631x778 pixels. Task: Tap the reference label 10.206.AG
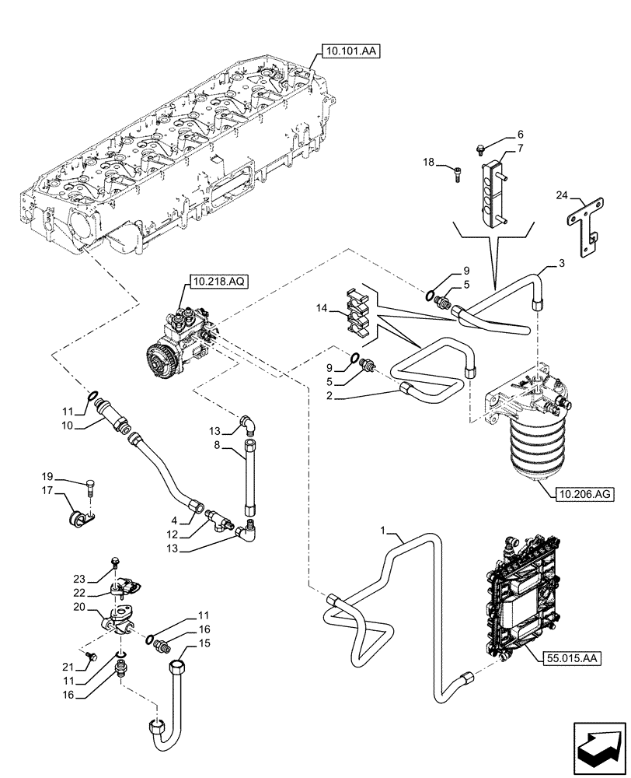(x=584, y=492)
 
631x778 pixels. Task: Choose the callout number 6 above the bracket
(x=521, y=134)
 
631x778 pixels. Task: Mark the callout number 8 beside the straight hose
(x=218, y=446)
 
